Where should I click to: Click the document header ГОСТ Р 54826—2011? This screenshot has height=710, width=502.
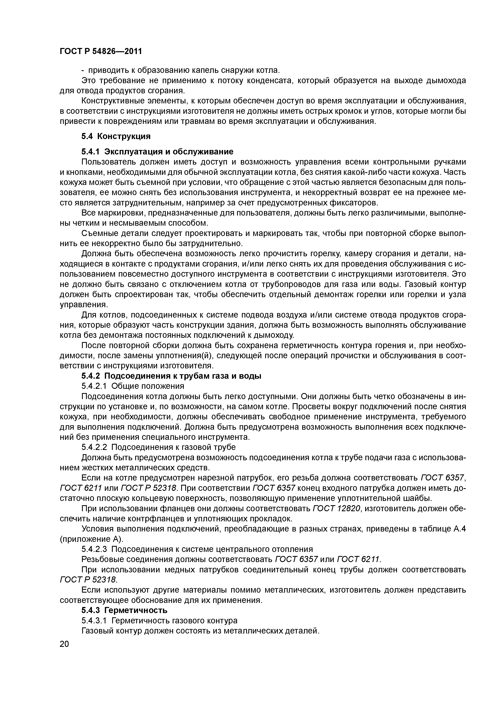(x=101, y=51)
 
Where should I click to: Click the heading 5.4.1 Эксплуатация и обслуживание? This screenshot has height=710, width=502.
(x=157, y=152)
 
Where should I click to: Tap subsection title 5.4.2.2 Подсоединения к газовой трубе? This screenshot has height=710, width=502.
(x=158, y=447)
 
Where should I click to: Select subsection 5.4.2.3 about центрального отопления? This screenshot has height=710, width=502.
(x=197, y=549)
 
